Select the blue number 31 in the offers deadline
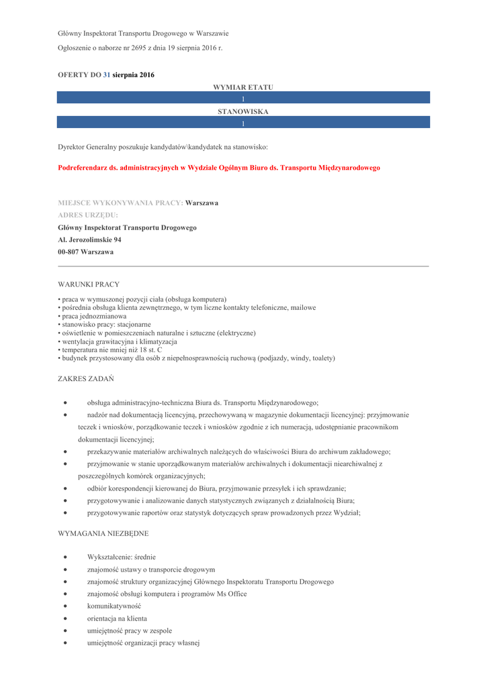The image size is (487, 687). [106, 75]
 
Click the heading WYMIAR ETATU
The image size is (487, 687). [243, 87]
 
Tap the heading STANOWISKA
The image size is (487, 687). [243, 111]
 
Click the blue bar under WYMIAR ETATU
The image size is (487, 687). [243, 99]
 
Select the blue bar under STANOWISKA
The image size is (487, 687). [243, 123]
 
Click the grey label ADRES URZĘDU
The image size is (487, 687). [88, 215]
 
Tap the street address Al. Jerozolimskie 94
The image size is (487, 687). [90, 240]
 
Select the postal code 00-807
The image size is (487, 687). [69, 252]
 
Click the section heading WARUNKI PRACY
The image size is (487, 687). [89, 284]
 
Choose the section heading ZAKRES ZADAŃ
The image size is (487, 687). [86, 379]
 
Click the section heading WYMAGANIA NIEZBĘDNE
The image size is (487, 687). [103, 533]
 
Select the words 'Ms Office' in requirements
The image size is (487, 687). [228, 594]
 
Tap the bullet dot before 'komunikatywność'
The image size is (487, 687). [64, 606]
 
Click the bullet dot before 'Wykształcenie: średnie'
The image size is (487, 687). [64, 557]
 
